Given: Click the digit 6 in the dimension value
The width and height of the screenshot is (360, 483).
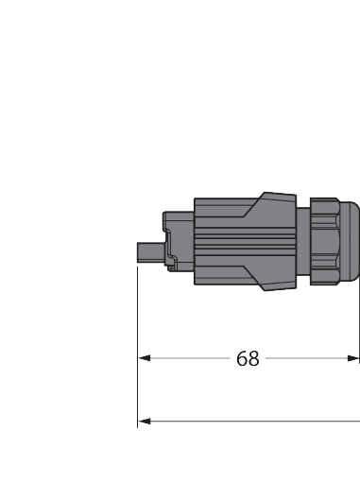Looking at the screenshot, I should click(x=241, y=359).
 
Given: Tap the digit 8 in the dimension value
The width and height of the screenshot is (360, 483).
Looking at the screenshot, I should click(x=253, y=359).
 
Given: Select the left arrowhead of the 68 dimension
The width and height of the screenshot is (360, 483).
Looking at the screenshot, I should click(x=145, y=359).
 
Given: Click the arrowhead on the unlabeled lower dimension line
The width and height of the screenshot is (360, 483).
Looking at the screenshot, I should click(x=145, y=421).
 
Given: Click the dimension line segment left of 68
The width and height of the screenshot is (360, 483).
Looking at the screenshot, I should click(x=189, y=359).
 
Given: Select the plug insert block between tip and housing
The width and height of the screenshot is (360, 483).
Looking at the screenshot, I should click(x=180, y=241).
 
